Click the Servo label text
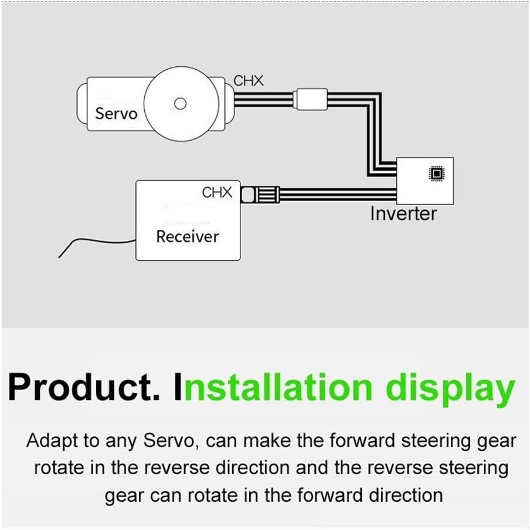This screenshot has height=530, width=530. [116, 113]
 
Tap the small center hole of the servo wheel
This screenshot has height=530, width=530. [181, 104]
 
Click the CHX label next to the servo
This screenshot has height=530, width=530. [249, 81]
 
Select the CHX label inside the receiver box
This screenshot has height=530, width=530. [217, 192]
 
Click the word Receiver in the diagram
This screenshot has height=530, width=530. [187, 236]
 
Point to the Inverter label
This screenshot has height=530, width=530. [403, 213]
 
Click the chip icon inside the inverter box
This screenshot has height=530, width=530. [436, 174]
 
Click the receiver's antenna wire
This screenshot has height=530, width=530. [94, 242]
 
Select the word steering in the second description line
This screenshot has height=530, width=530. [470, 468]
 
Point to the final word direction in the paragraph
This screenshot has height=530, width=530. [406, 495]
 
